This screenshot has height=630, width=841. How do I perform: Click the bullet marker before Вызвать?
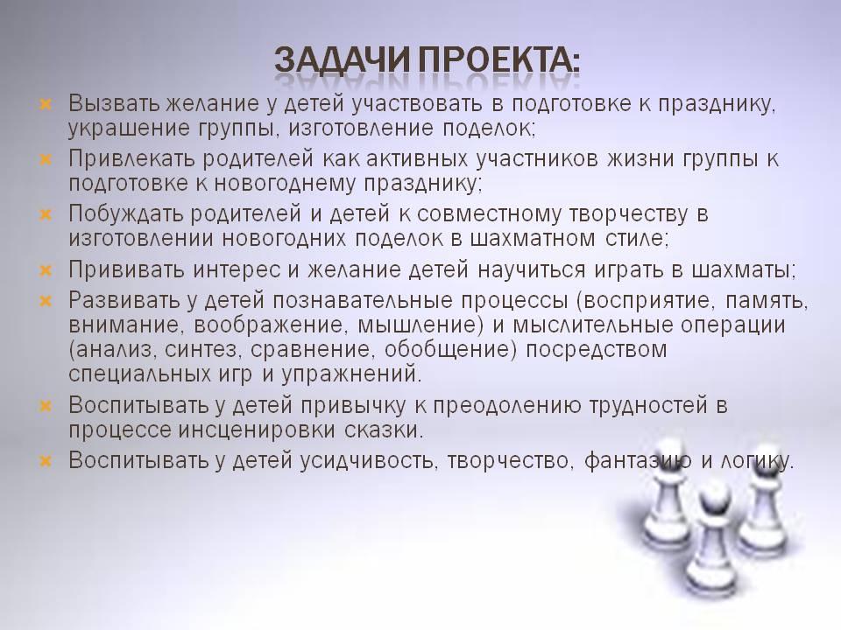pos(46,103)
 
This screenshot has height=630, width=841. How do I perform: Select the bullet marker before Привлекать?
pos(46,158)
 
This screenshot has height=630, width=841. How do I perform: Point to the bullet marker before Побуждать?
pos(46,214)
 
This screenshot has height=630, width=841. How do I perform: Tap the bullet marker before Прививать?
pos(46,270)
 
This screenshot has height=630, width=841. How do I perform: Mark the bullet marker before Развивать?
pos(46,301)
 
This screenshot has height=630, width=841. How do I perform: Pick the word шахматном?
pos(533,239)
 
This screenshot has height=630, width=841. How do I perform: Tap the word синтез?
pos(201,350)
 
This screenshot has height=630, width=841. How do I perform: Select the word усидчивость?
pos(366,462)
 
